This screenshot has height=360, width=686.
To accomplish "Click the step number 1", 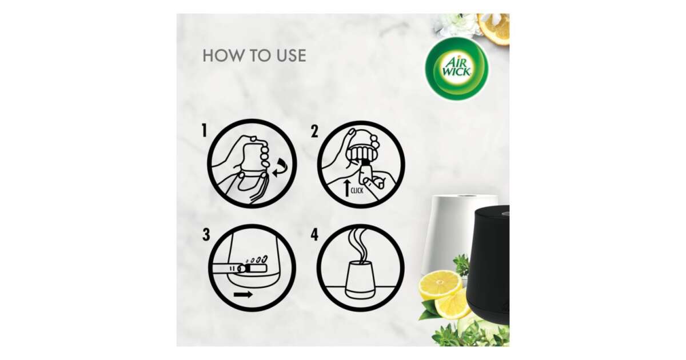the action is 204,130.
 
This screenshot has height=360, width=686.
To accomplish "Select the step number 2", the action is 314,131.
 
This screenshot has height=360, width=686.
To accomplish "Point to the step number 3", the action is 206,234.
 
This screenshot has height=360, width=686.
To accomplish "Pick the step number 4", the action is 314,234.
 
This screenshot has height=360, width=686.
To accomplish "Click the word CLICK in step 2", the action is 357,191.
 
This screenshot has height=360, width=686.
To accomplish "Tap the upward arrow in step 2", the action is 346,188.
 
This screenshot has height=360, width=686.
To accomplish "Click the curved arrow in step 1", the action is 281,169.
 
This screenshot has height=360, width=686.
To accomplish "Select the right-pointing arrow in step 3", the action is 243,294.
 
